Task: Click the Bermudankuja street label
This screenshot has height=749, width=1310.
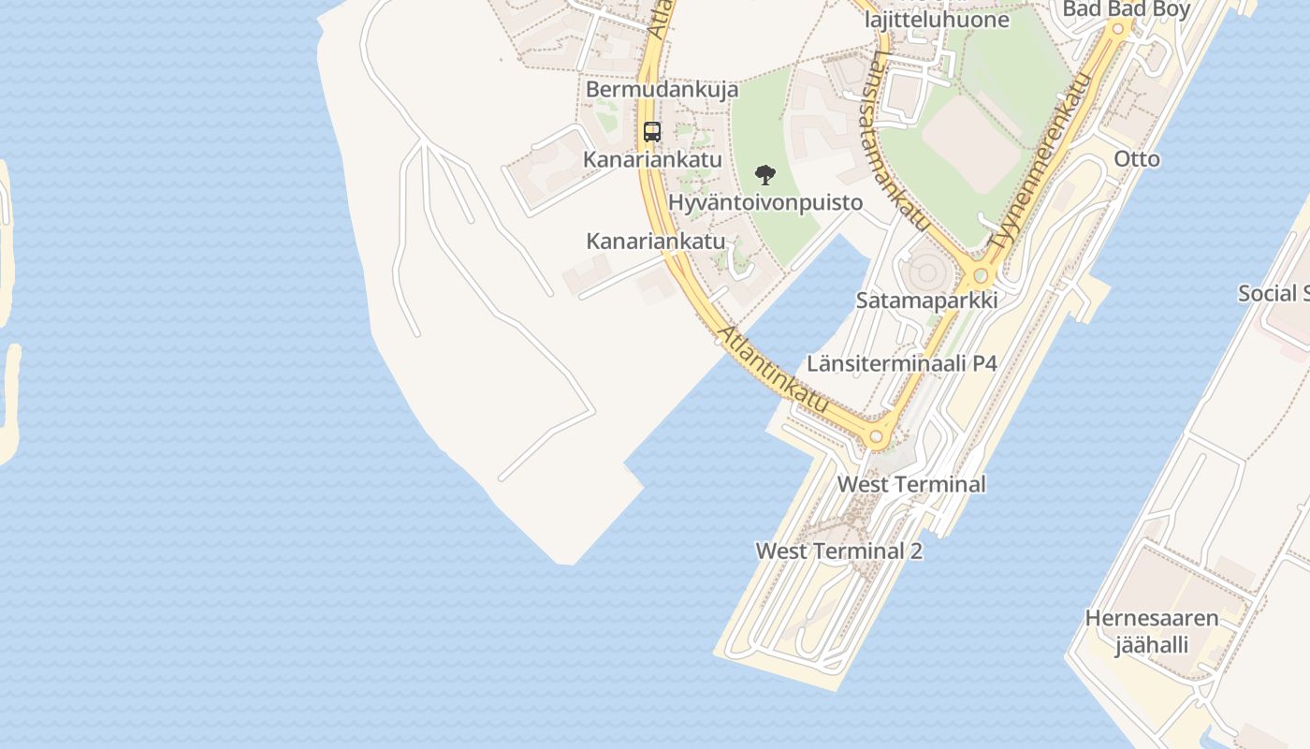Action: [x=662, y=90]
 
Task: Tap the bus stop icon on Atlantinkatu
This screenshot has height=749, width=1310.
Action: [x=652, y=132]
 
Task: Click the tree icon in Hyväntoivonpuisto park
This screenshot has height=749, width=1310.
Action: [x=764, y=175]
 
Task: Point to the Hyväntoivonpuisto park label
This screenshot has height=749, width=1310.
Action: [x=764, y=202]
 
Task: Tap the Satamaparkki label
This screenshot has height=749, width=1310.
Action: [x=926, y=301]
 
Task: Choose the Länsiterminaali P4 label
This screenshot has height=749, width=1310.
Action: [x=902, y=363]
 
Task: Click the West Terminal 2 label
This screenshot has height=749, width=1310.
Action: [x=838, y=551]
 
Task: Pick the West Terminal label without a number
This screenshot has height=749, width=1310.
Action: [x=910, y=484]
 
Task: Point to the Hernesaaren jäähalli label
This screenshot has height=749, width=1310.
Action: [x=1151, y=631]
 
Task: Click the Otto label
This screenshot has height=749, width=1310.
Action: [x=1136, y=158]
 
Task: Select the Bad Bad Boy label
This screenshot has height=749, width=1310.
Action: [x=1126, y=9]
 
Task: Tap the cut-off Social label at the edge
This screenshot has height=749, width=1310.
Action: [x=1273, y=293]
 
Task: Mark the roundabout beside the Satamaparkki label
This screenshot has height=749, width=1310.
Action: [x=980, y=276]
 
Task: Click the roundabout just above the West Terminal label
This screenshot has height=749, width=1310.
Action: [x=877, y=436]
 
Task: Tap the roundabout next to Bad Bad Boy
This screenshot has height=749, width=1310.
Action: [x=1117, y=29]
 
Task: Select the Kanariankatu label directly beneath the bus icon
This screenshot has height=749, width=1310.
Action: [x=652, y=159]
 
